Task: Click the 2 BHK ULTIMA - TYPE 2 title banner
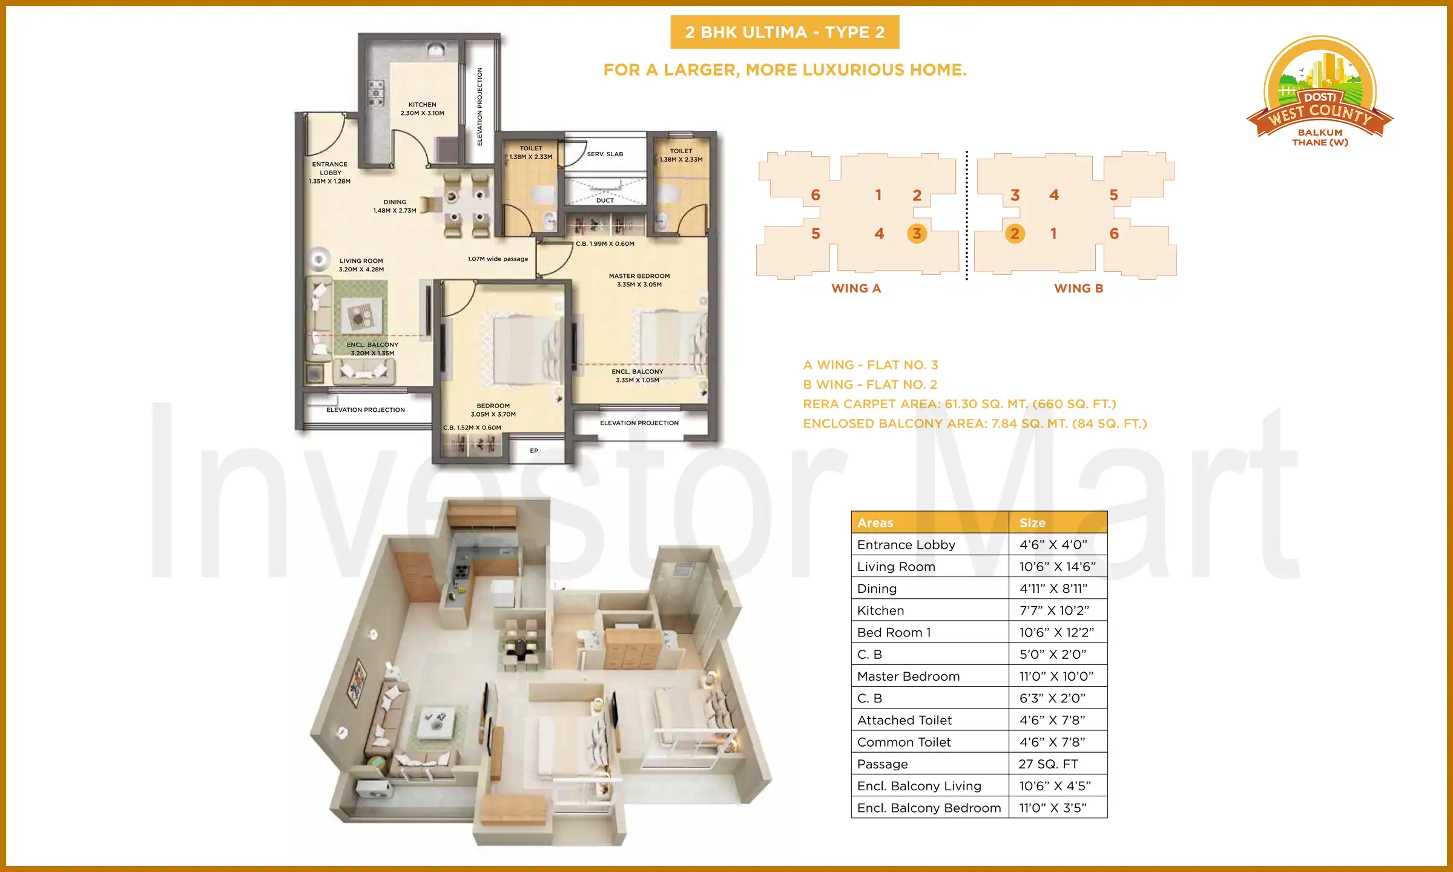(785, 32)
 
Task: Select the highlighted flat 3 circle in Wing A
(917, 234)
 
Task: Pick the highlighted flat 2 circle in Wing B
(1015, 234)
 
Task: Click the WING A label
(856, 289)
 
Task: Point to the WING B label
(1079, 289)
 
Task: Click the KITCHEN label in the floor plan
(422, 105)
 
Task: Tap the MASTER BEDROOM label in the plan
(639, 276)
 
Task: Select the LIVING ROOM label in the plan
(361, 261)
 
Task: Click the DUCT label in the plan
(605, 200)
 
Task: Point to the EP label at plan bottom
(534, 451)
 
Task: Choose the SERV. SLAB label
(605, 154)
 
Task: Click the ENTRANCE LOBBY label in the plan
(330, 168)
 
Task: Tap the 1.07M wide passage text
(498, 259)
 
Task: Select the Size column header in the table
(1032, 523)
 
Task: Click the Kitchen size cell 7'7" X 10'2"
(1054, 610)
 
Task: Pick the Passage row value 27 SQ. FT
(1048, 764)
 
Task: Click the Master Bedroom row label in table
(908, 676)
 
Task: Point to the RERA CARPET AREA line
(960, 404)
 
